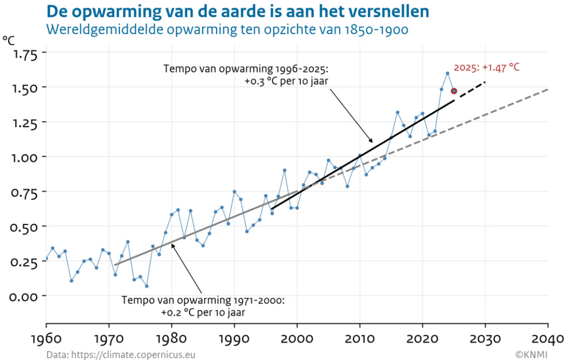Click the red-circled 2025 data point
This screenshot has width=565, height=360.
coord(454,91)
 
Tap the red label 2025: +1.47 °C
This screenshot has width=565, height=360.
coord(486,68)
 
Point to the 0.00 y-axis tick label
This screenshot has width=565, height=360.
coord(24,297)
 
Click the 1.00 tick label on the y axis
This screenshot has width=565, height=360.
coord(24,157)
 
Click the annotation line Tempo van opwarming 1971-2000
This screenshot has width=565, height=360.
coord(203,301)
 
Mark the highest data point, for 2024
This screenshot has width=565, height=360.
coord(447,73)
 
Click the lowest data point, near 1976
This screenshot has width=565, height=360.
coord(147,286)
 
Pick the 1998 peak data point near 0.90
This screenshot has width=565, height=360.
coord(285,170)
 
